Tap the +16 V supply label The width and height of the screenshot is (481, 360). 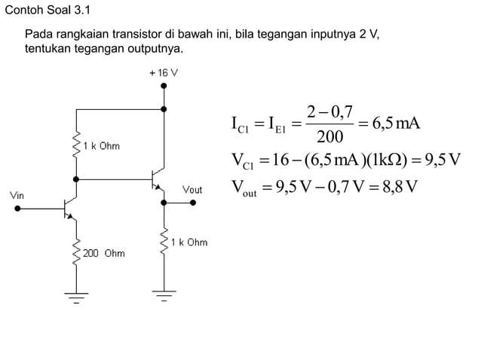(x=163, y=73)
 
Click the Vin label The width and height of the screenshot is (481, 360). (x=17, y=195)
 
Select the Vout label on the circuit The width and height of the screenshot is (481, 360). (x=192, y=190)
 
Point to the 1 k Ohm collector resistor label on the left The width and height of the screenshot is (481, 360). (x=102, y=145)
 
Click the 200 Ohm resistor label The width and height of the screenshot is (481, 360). (x=105, y=253)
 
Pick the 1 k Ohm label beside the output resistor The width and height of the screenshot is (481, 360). (x=190, y=243)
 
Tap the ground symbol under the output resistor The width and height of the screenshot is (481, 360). (x=164, y=294)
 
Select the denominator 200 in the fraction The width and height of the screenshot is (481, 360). (x=329, y=137)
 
